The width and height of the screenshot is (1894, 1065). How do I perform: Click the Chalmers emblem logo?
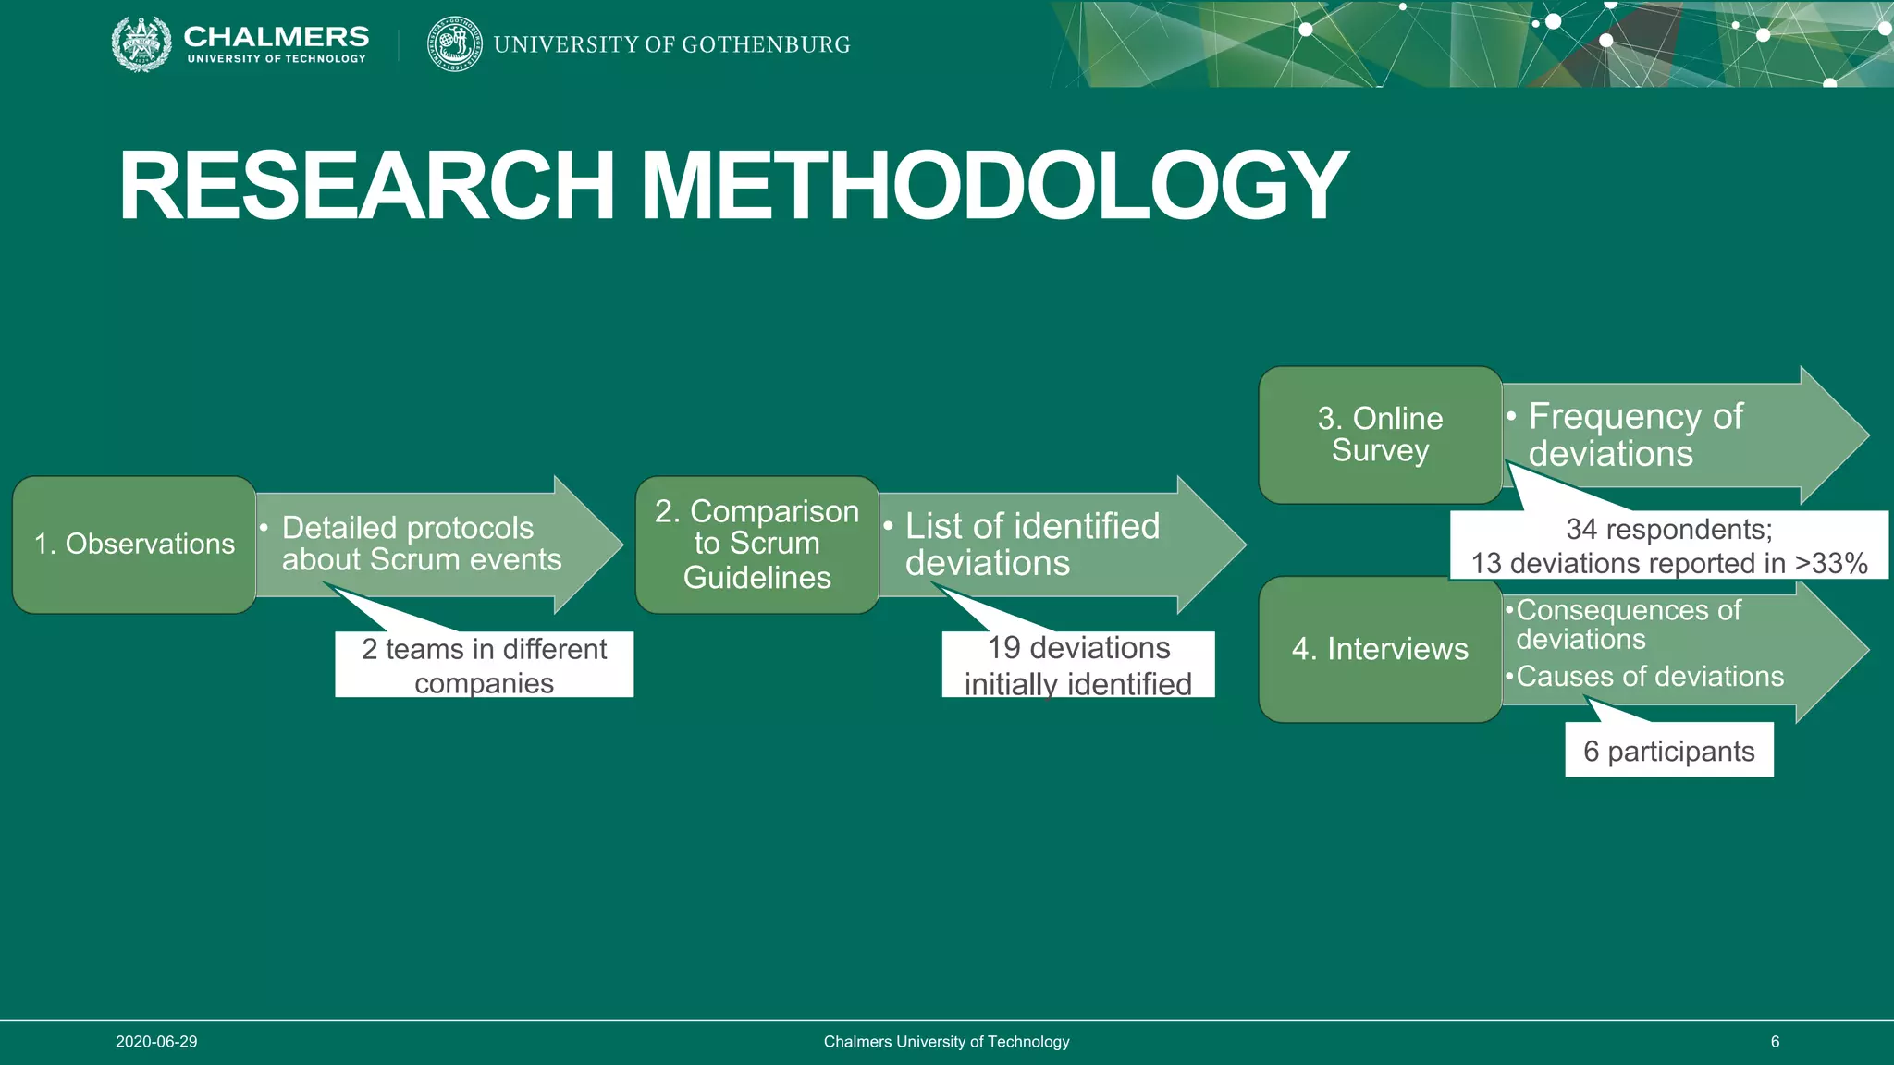point(141,43)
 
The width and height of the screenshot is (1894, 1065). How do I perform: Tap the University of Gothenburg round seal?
point(454,43)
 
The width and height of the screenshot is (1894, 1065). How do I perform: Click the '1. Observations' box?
point(134,545)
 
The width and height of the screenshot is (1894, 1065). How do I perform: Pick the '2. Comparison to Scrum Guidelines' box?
point(757,545)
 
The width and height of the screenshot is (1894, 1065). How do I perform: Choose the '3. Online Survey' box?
point(1380,435)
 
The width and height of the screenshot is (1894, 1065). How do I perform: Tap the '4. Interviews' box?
point(1380,649)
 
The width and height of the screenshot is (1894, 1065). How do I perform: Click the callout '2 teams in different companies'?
point(484,665)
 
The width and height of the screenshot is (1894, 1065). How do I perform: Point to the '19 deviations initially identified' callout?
point(1078,665)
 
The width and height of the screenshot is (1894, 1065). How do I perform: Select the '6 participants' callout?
point(1668,751)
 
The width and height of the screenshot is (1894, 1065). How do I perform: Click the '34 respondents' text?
point(1668,530)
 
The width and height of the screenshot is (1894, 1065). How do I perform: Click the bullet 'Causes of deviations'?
point(1650,677)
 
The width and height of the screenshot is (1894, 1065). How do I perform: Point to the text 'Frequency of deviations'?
point(1634,435)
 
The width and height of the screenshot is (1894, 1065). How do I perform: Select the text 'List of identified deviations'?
point(1031,545)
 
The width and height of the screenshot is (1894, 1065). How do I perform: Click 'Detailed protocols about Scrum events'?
point(421,544)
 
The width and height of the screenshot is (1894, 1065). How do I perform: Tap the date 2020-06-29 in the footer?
point(156,1042)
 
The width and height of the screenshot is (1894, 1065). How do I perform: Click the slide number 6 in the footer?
point(1775,1042)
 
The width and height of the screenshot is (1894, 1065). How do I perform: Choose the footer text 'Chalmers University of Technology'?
point(946,1042)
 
